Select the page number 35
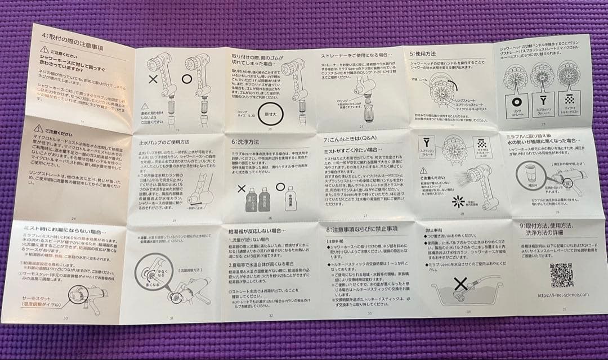565,308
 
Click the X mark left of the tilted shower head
151,79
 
